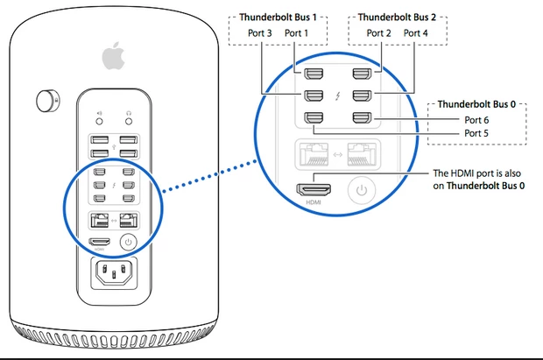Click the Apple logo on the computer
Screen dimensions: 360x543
click(111, 57)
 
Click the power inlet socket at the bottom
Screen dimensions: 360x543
click(112, 279)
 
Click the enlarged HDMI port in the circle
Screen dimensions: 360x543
click(312, 188)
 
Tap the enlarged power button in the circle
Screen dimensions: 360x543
click(360, 189)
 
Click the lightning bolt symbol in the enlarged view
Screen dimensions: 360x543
click(337, 95)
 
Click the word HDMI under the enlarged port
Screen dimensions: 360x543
click(312, 203)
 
